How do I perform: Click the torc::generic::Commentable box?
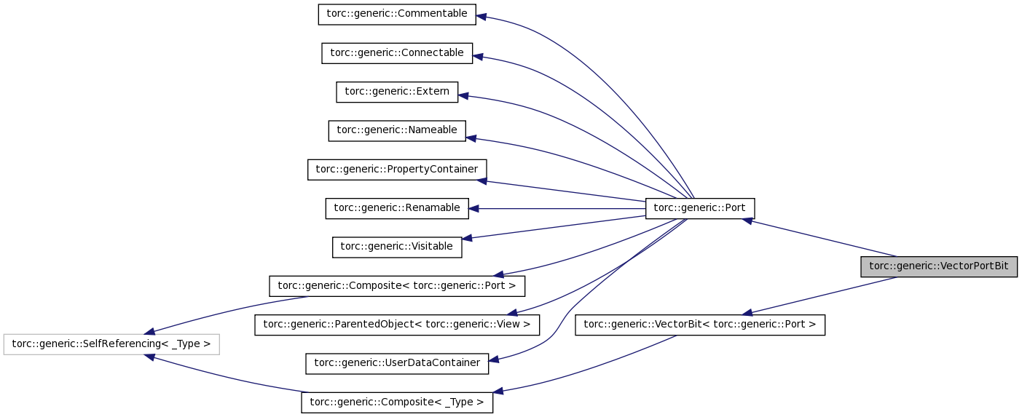[x=397, y=14]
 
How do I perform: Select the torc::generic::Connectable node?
[x=397, y=53]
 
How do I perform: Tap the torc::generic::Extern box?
[x=397, y=92]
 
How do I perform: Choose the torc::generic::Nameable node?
[x=397, y=130]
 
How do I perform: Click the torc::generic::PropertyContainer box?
[x=397, y=170]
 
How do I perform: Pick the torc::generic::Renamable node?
[x=397, y=208]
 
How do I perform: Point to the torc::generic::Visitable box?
[x=397, y=247]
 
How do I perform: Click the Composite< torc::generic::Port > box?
[x=397, y=286]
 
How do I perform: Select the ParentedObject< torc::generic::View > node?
[x=397, y=325]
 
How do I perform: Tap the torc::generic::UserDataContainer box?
[x=397, y=363]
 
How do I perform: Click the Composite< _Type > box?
[x=397, y=402]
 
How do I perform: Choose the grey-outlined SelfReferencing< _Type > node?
[x=111, y=344]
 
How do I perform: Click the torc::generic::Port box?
[x=700, y=208]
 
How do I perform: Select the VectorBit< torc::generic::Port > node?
[x=700, y=325]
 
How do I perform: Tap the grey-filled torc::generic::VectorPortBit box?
[x=939, y=266]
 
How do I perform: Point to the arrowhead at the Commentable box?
[x=481, y=16]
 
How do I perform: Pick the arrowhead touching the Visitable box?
[x=468, y=238]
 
